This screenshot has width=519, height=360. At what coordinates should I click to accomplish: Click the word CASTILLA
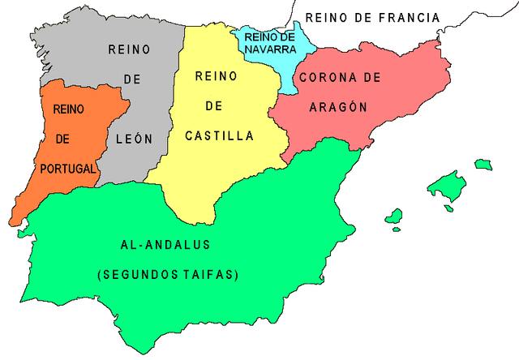coord(220,136)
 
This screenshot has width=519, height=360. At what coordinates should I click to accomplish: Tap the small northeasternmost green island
coord(483,165)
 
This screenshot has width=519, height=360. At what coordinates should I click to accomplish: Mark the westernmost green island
coord(394,216)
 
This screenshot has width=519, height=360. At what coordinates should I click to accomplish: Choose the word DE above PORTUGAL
coord(63,139)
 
